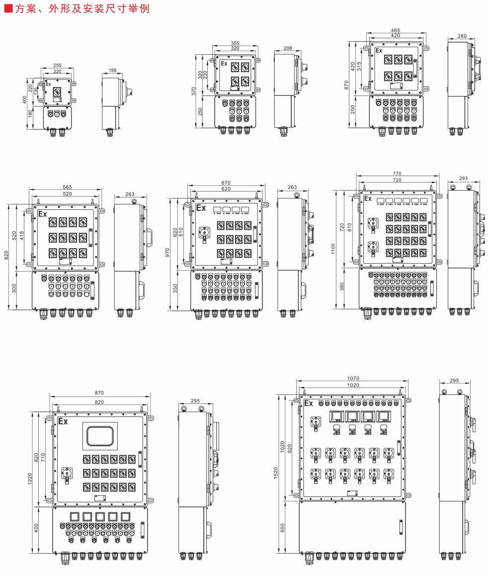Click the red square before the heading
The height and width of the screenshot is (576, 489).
pos(7,9)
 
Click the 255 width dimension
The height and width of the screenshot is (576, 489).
pos(57,65)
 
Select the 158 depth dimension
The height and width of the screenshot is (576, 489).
pos(112,71)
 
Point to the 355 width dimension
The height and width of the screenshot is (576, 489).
pos(235,43)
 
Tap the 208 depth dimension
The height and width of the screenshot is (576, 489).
pos(287,48)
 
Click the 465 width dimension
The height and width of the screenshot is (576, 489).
pos(396,30)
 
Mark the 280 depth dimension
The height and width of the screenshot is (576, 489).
pos(462,36)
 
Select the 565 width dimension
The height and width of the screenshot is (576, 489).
pos(67,187)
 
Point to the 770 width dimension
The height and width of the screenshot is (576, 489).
pos(397,174)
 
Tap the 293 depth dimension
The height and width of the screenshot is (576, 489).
pos(463,178)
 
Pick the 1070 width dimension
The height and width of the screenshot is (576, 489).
pos(353,379)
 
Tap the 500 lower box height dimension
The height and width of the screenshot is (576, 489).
pos(283,527)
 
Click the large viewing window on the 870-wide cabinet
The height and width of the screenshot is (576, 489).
pos(100,436)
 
